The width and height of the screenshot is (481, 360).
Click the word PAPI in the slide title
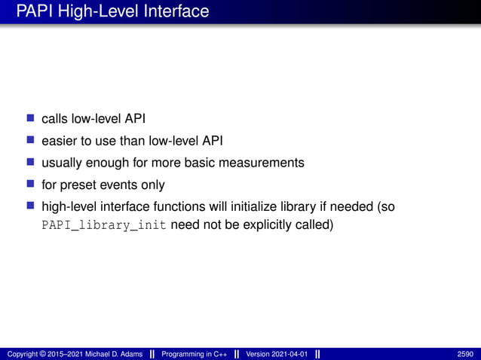pyautogui.click(x=34, y=11)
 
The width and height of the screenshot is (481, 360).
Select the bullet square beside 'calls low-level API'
pyautogui.click(x=31, y=118)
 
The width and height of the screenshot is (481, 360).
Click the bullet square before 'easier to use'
pyautogui.click(x=31, y=140)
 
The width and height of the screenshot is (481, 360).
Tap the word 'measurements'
pyautogui.click(x=267, y=162)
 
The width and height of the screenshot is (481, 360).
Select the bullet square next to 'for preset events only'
pyautogui.click(x=31, y=185)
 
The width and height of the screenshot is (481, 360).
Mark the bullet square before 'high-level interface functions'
pyautogui.click(x=31, y=206)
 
